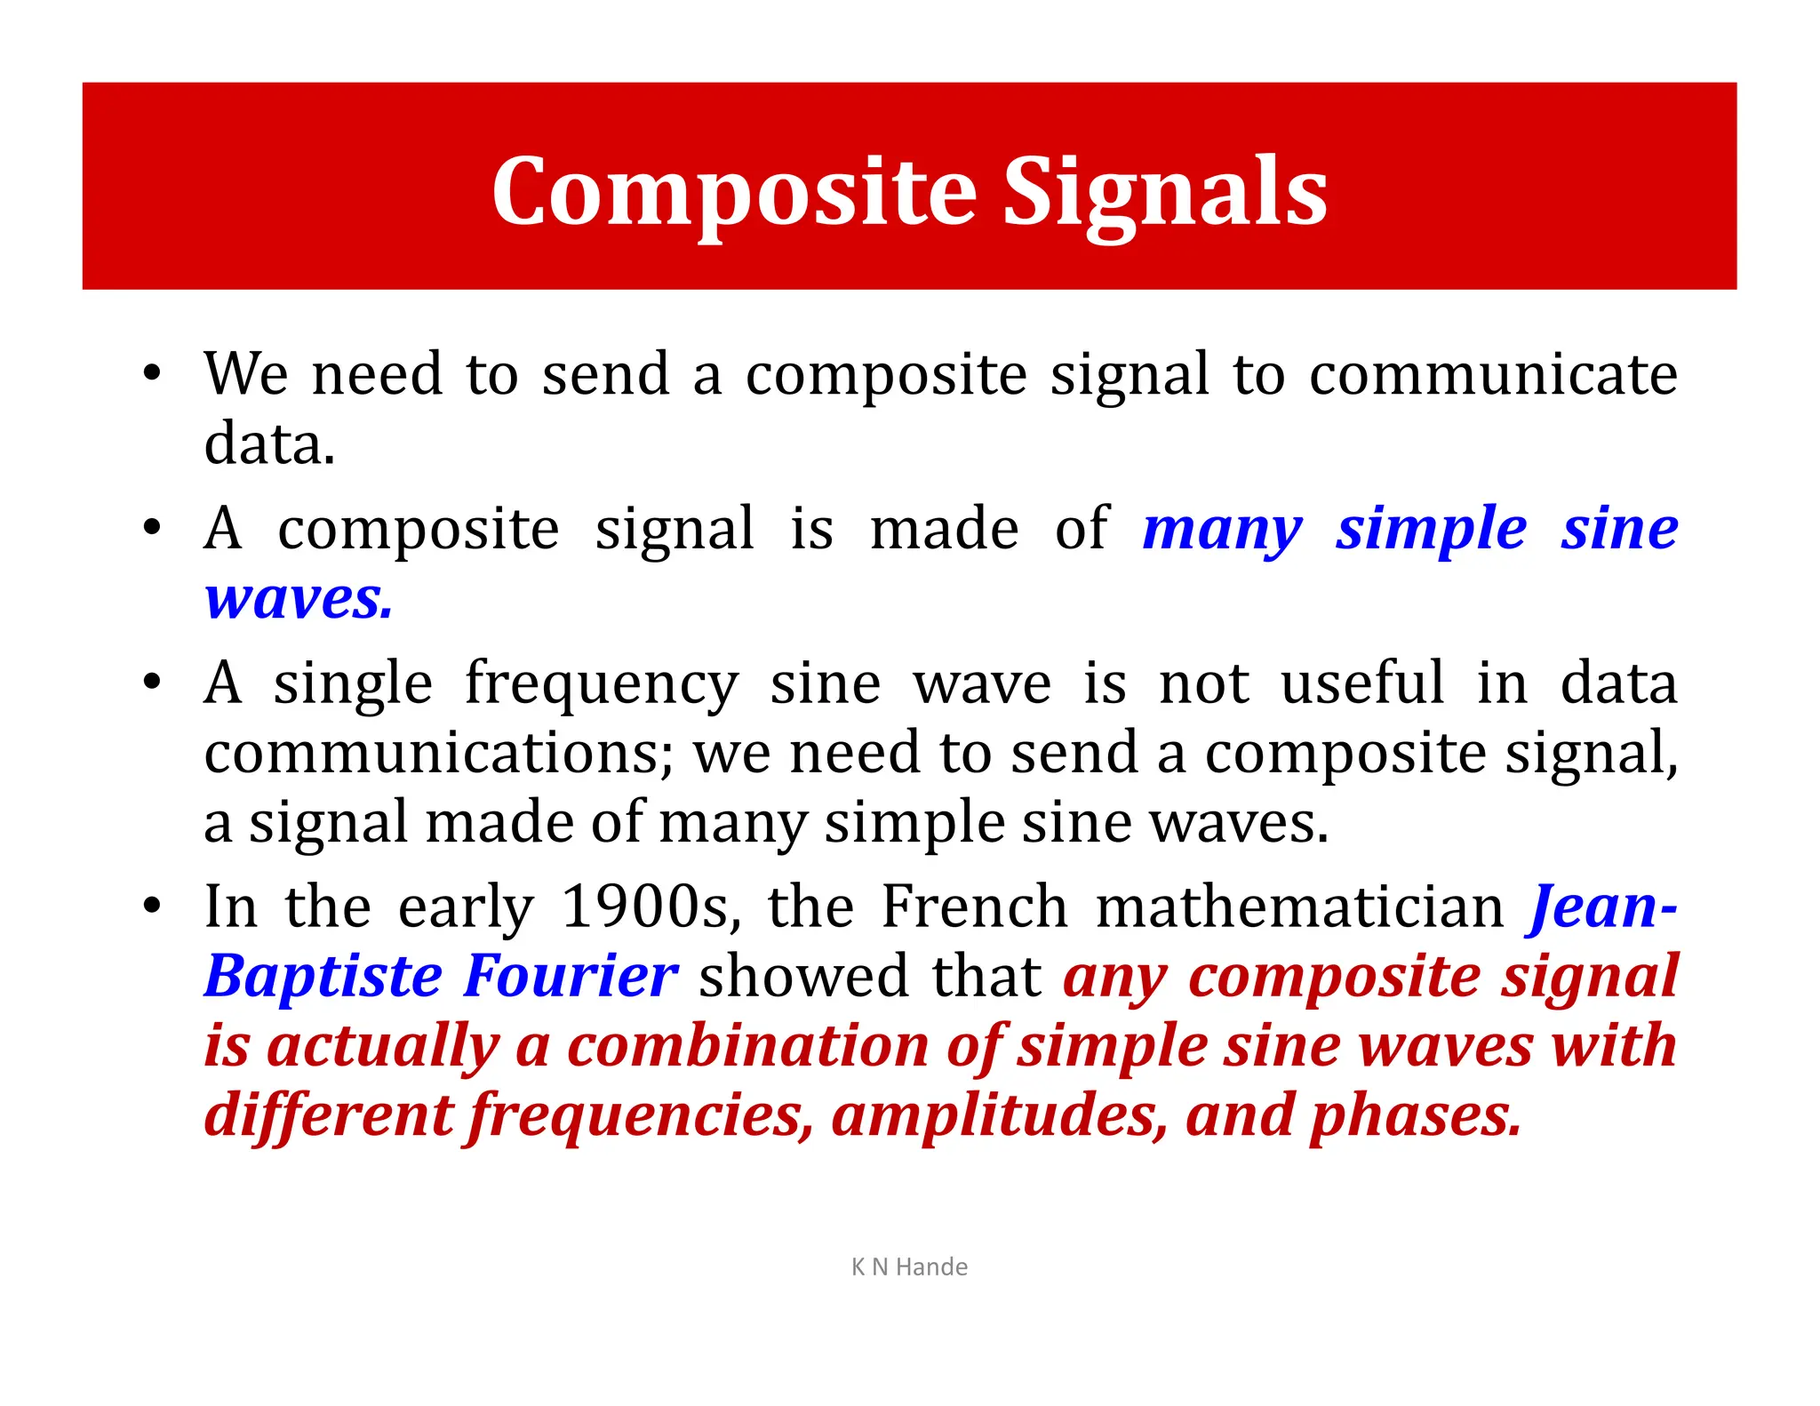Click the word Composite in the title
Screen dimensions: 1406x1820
pos(734,192)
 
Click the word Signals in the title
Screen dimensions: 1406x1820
pos(1165,192)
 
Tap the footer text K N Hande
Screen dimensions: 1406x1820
pos(909,1266)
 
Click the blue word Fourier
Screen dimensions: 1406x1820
pos(571,977)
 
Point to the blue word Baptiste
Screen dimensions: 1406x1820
pos(323,977)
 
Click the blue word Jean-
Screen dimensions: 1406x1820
pos(1602,907)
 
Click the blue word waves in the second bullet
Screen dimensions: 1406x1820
pos(299,600)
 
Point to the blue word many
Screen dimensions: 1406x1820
pos(1223,531)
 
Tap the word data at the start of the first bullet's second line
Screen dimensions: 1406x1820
pos(269,443)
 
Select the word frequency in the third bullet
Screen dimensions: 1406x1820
pos(602,685)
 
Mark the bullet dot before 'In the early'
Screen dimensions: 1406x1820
pos(153,907)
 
